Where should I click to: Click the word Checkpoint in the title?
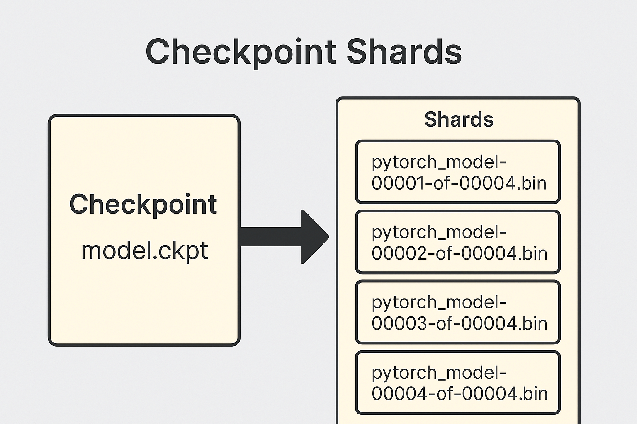[241, 52]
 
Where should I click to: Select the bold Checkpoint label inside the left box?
[143, 204]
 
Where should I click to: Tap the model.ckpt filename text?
[144, 251]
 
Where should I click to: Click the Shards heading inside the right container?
[459, 120]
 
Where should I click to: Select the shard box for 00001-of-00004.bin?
[458, 172]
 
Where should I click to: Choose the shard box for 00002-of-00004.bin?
[458, 242]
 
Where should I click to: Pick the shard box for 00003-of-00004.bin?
[458, 312]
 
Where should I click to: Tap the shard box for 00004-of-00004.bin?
[458, 383]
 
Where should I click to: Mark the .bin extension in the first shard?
[532, 183]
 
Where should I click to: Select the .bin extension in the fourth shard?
[533, 394]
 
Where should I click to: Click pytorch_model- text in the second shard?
[439, 232]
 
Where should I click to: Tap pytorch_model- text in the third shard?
[439, 303]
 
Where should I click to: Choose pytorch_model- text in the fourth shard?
[439, 373]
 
